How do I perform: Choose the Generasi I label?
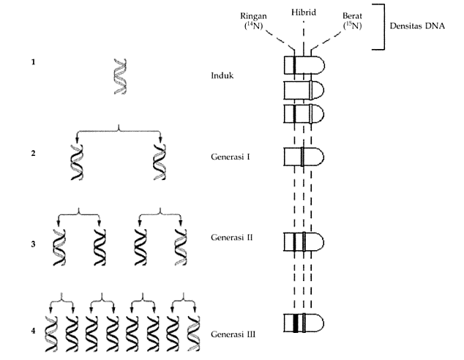click(231, 157)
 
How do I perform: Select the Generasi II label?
click(232, 239)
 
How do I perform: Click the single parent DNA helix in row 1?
click(118, 77)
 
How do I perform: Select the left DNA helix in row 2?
click(76, 162)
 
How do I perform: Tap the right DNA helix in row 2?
click(160, 162)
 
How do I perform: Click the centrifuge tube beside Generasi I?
click(303, 157)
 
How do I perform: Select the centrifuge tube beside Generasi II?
click(303, 242)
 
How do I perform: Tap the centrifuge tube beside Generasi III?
click(303, 323)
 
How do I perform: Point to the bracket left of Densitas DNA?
click(380, 26)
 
